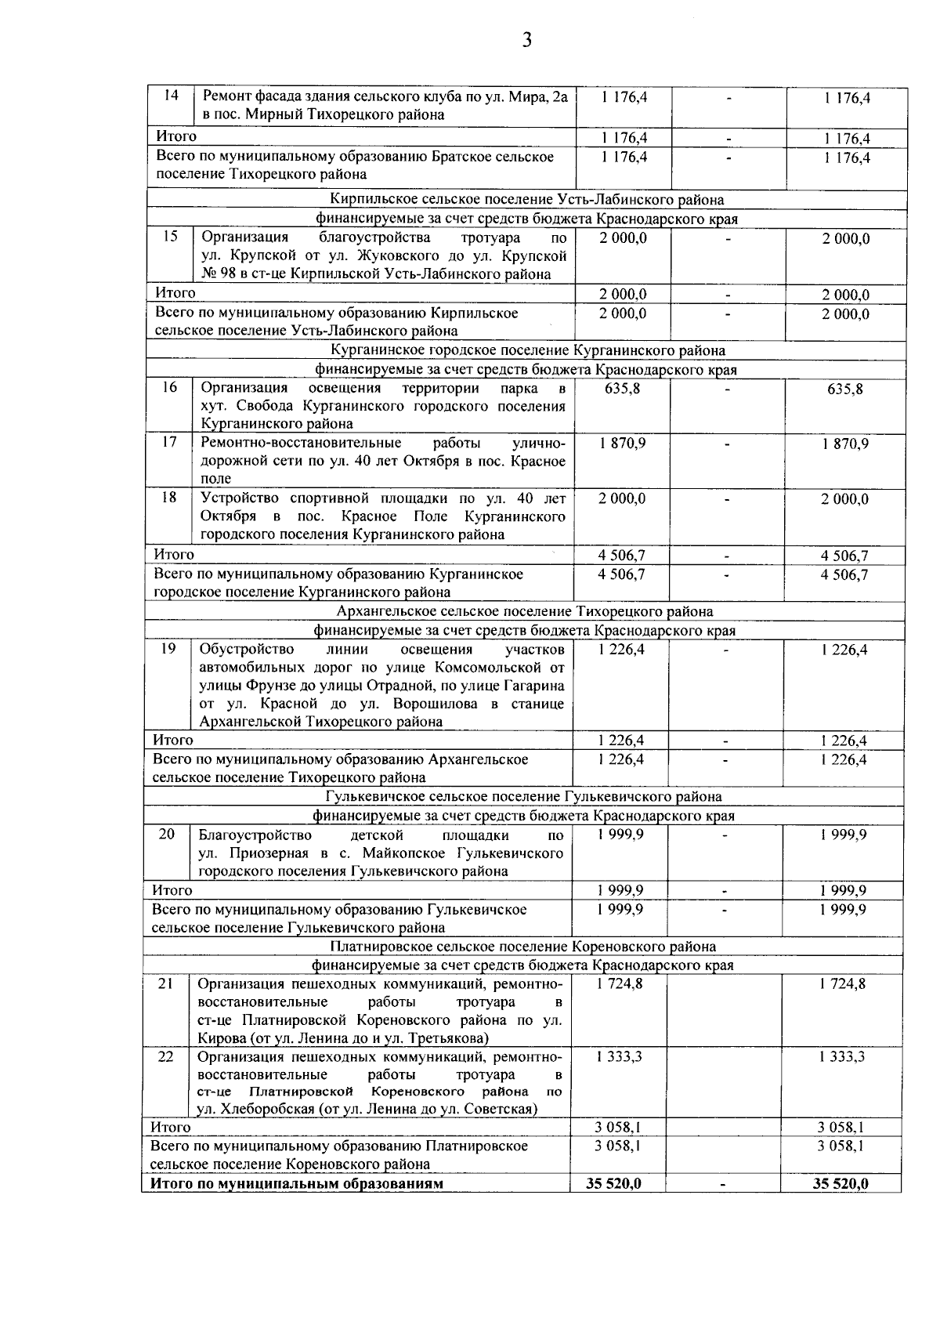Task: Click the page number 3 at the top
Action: coord(526,41)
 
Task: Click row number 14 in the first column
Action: coord(172,96)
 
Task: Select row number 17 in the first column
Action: coord(169,442)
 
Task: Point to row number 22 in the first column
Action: coord(165,1056)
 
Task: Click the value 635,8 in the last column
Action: coord(844,389)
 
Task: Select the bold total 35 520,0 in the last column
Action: coord(841,1183)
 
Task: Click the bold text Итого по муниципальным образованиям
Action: coord(297,1183)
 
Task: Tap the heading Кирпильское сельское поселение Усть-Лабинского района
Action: coord(527,200)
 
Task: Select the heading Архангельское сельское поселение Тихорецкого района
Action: coord(525,611)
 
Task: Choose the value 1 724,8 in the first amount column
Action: coord(620,983)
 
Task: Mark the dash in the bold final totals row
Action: coord(722,1185)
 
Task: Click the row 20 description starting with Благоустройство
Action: coord(381,853)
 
